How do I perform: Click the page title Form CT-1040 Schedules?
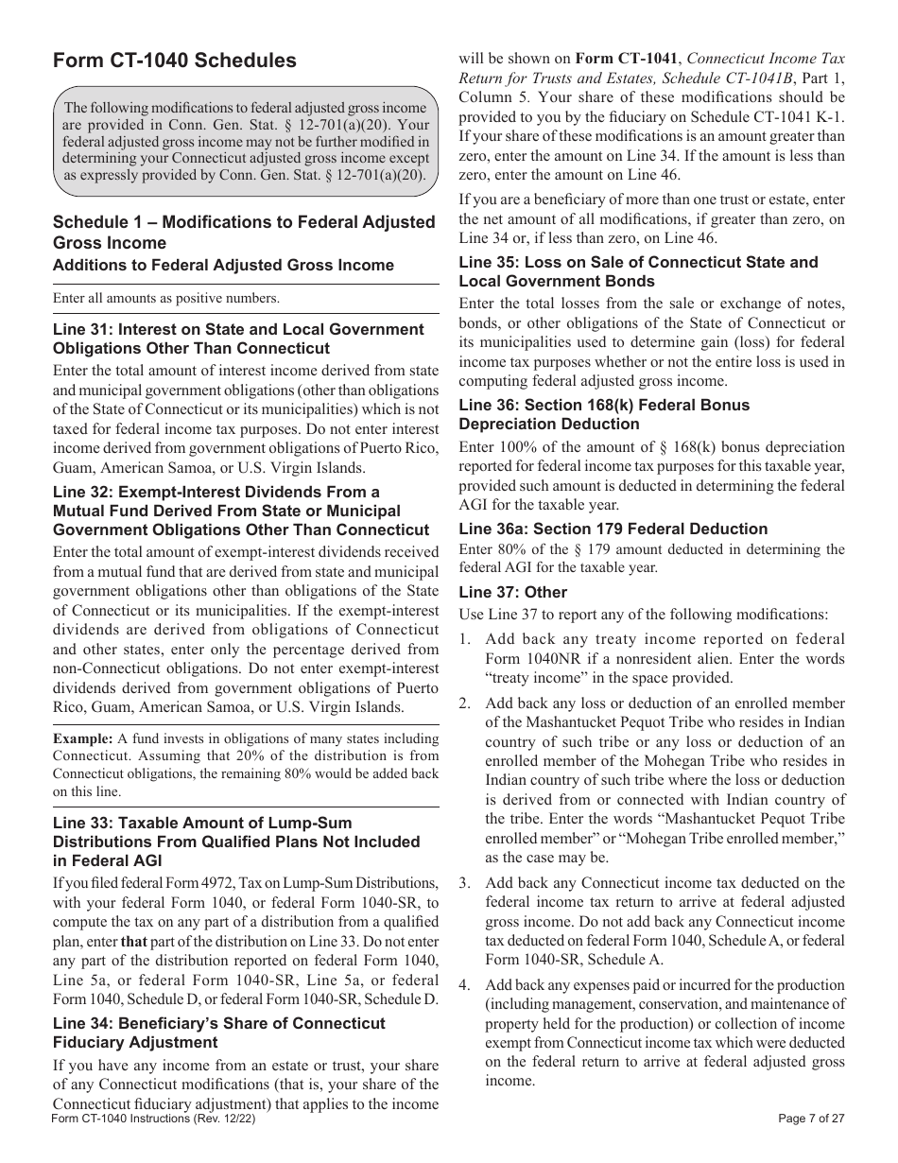[174, 61]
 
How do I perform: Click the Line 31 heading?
[238, 338]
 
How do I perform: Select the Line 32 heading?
[240, 511]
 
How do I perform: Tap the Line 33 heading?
[236, 842]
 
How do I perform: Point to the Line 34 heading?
[218, 1033]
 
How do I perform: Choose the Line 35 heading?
[638, 271]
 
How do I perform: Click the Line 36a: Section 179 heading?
[613, 529]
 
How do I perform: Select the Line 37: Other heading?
[512, 592]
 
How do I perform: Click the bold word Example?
[81, 738]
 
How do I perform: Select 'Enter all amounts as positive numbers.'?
[166, 299]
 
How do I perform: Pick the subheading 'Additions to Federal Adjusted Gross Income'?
[223, 265]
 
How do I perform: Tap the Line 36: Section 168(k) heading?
[604, 414]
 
